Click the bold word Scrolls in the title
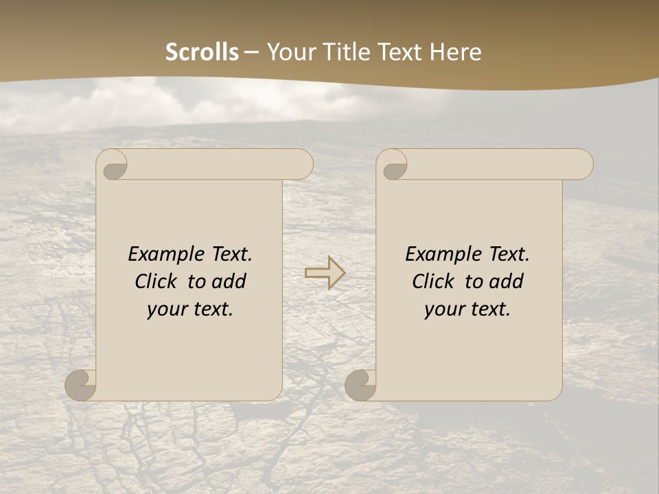coord(202,52)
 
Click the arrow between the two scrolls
coord(325,272)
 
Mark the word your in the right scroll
coord(443,310)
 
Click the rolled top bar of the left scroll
coord(220,165)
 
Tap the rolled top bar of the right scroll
coord(500,165)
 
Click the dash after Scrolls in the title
coord(252,52)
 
